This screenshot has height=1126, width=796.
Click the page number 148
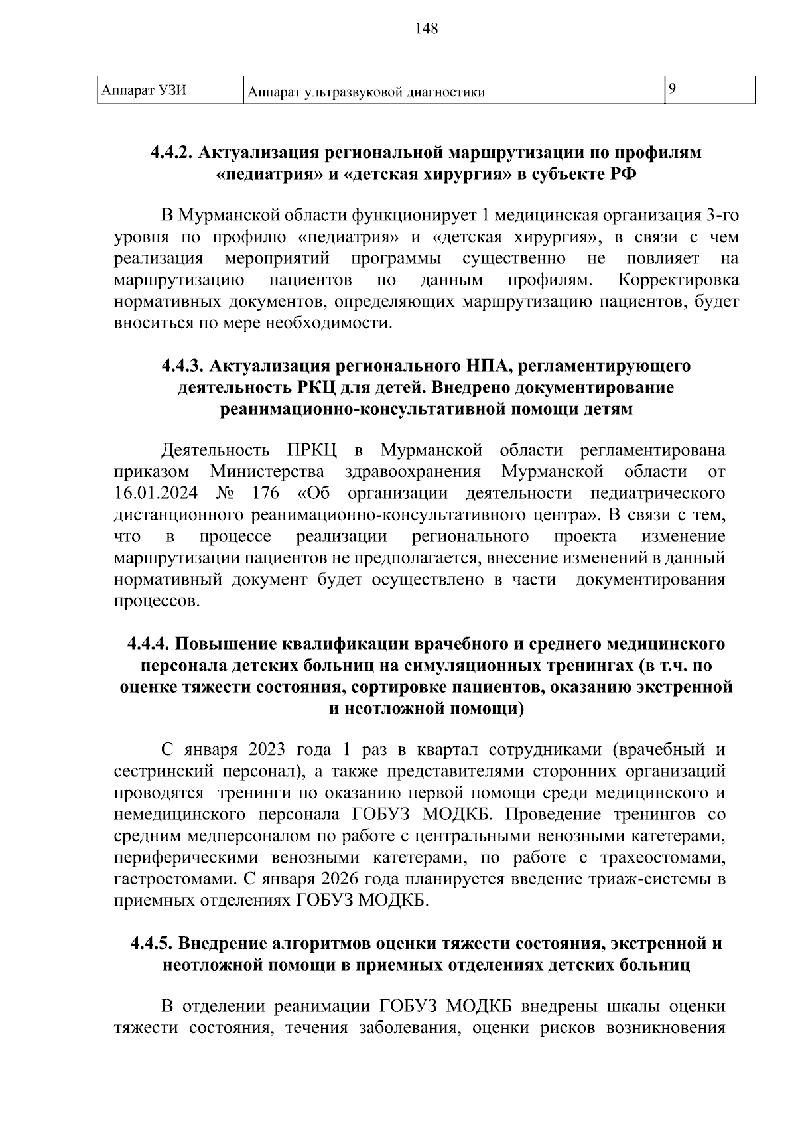426,29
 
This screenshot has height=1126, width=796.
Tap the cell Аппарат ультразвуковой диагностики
365,92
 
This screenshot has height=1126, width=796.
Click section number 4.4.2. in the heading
171,153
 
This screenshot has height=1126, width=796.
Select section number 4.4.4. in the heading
149,644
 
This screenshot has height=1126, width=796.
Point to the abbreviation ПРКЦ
312,451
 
